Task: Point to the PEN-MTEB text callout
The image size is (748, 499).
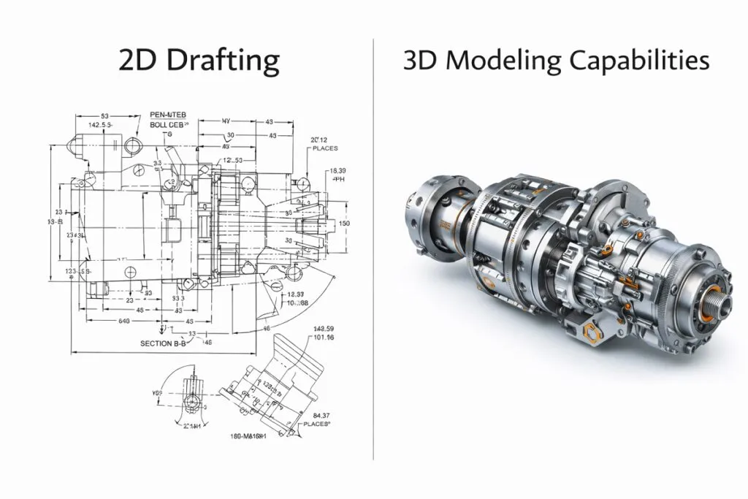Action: click(x=169, y=115)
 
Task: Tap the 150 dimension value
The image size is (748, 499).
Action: click(x=345, y=223)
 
